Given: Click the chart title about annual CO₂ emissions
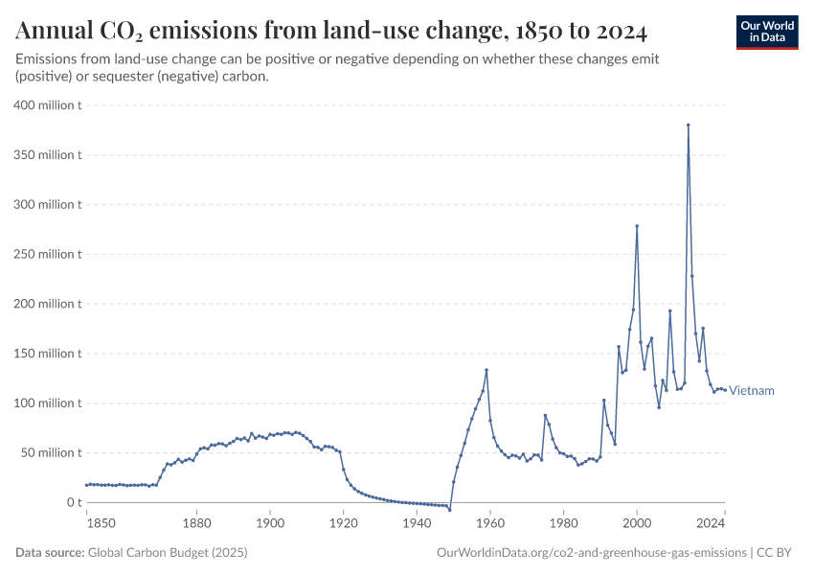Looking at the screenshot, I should click(331, 33).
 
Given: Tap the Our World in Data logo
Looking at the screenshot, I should click(766, 32).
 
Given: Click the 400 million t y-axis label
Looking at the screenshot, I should click(47, 104).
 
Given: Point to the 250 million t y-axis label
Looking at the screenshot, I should click(47, 254).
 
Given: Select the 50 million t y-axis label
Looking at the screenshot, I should click(50, 452).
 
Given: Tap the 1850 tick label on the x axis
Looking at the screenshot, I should click(100, 523).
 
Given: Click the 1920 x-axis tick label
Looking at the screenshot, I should click(343, 523).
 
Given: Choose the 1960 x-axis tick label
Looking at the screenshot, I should click(489, 523).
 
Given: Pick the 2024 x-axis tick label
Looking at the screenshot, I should click(710, 523).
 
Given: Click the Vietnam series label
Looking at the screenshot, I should click(752, 391).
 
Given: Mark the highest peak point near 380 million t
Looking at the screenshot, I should click(688, 125).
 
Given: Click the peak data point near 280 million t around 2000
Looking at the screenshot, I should click(637, 226).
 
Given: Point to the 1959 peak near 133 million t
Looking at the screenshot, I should click(486, 370).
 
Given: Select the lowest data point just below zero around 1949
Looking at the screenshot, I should click(449, 509).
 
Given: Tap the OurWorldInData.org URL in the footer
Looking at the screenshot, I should click(591, 553).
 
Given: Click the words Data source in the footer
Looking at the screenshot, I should click(50, 553).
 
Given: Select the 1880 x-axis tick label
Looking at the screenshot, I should click(196, 523).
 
